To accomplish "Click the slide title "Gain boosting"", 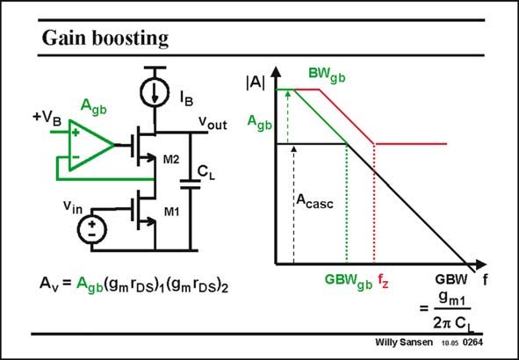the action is [105, 39].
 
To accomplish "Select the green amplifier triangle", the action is [91, 145].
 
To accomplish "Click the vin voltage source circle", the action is [92, 230].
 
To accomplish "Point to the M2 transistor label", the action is [171, 160].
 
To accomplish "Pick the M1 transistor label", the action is [171, 212].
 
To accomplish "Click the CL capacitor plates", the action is [191, 184].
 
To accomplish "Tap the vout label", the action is [213, 123].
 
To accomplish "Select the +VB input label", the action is [47, 119].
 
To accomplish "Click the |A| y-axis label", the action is [256, 83].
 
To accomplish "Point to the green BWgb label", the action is [327, 76].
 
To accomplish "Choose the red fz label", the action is [383, 281].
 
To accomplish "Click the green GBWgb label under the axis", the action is [349, 281].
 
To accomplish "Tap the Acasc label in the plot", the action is [314, 201].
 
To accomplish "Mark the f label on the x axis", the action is [485, 281].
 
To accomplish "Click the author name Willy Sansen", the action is [404, 342].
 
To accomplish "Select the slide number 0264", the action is [472, 342].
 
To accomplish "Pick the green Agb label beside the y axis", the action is [260, 123].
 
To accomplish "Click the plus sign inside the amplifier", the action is [76, 133].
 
